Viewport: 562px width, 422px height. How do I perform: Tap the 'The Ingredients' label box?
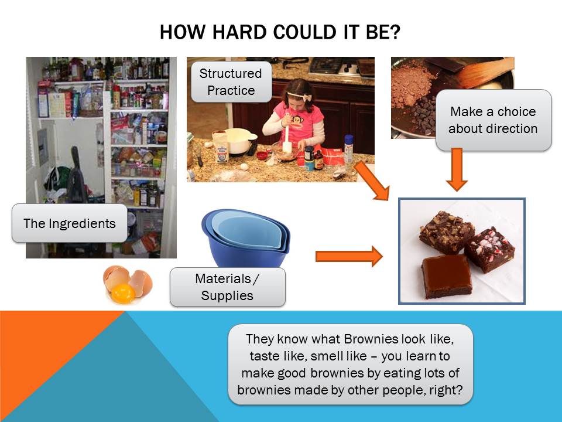pyautogui.click(x=70, y=223)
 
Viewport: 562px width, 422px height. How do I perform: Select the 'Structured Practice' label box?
pyautogui.click(x=231, y=82)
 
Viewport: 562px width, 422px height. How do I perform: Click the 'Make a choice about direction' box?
pyautogui.click(x=493, y=120)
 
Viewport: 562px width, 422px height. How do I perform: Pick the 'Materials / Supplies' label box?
pyautogui.click(x=228, y=287)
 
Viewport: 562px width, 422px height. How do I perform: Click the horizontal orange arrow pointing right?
pyautogui.click(x=349, y=256)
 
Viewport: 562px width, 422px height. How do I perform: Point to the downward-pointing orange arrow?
pyautogui.click(x=457, y=169)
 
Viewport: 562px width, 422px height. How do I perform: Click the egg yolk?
pyautogui.click(x=124, y=292)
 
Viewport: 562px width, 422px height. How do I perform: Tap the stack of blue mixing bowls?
pyautogui.click(x=246, y=237)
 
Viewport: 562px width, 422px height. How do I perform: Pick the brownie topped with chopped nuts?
pyautogui.click(x=447, y=232)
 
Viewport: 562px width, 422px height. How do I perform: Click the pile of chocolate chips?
pyautogui.click(x=423, y=115)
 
